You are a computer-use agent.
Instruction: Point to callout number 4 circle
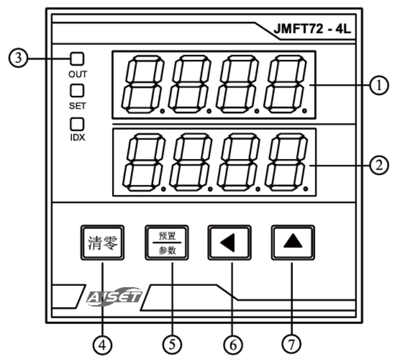click(103, 345)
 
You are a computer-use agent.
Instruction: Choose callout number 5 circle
click(172, 345)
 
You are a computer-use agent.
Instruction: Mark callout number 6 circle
click(233, 345)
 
